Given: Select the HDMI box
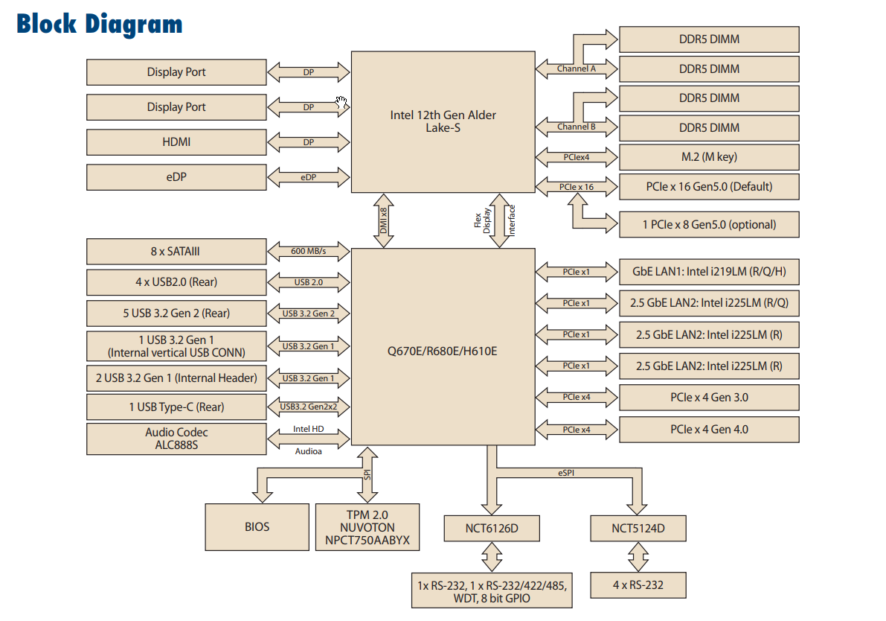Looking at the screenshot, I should (176, 141).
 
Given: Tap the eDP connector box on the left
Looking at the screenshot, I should (176, 177).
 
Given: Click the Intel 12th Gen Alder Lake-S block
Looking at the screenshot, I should (443, 121).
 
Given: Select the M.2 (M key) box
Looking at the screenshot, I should (708, 157).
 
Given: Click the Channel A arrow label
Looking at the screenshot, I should (577, 69).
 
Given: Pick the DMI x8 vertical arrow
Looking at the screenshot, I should (384, 220).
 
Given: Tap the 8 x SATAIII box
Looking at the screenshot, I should (176, 252).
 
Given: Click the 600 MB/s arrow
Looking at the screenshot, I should (308, 252).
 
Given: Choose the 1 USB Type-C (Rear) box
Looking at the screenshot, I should (176, 407).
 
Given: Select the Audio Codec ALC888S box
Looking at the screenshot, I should (176, 439).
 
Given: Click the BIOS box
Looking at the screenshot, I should (257, 526).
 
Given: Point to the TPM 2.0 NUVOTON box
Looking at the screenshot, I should (367, 527).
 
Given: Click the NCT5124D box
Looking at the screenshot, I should (638, 529).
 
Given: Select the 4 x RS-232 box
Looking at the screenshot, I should (638, 585).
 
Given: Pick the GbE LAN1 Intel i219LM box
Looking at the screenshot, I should (708, 272).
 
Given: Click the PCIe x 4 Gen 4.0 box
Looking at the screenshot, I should (708, 430).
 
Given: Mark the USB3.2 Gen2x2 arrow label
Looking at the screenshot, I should (308, 407).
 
